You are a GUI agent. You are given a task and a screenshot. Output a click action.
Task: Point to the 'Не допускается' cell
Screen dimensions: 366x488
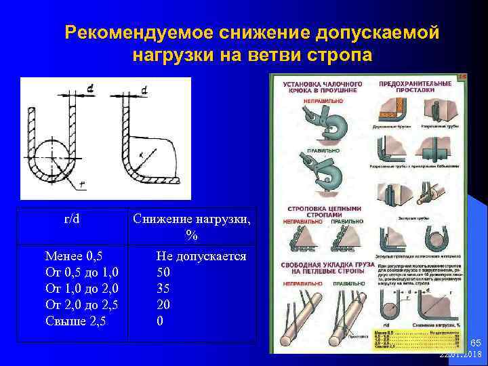201,256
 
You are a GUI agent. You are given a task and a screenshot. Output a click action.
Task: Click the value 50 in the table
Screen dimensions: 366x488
163,272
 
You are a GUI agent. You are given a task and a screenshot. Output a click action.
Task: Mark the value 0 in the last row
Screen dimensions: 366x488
160,321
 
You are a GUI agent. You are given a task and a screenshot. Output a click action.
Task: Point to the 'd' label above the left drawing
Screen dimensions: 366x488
90,87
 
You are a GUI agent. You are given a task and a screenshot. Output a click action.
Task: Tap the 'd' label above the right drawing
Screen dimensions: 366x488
144,90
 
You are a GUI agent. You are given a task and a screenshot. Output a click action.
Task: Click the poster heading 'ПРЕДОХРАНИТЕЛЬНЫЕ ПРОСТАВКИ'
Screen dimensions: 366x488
415,86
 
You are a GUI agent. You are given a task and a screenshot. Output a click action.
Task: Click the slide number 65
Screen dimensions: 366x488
475,344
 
